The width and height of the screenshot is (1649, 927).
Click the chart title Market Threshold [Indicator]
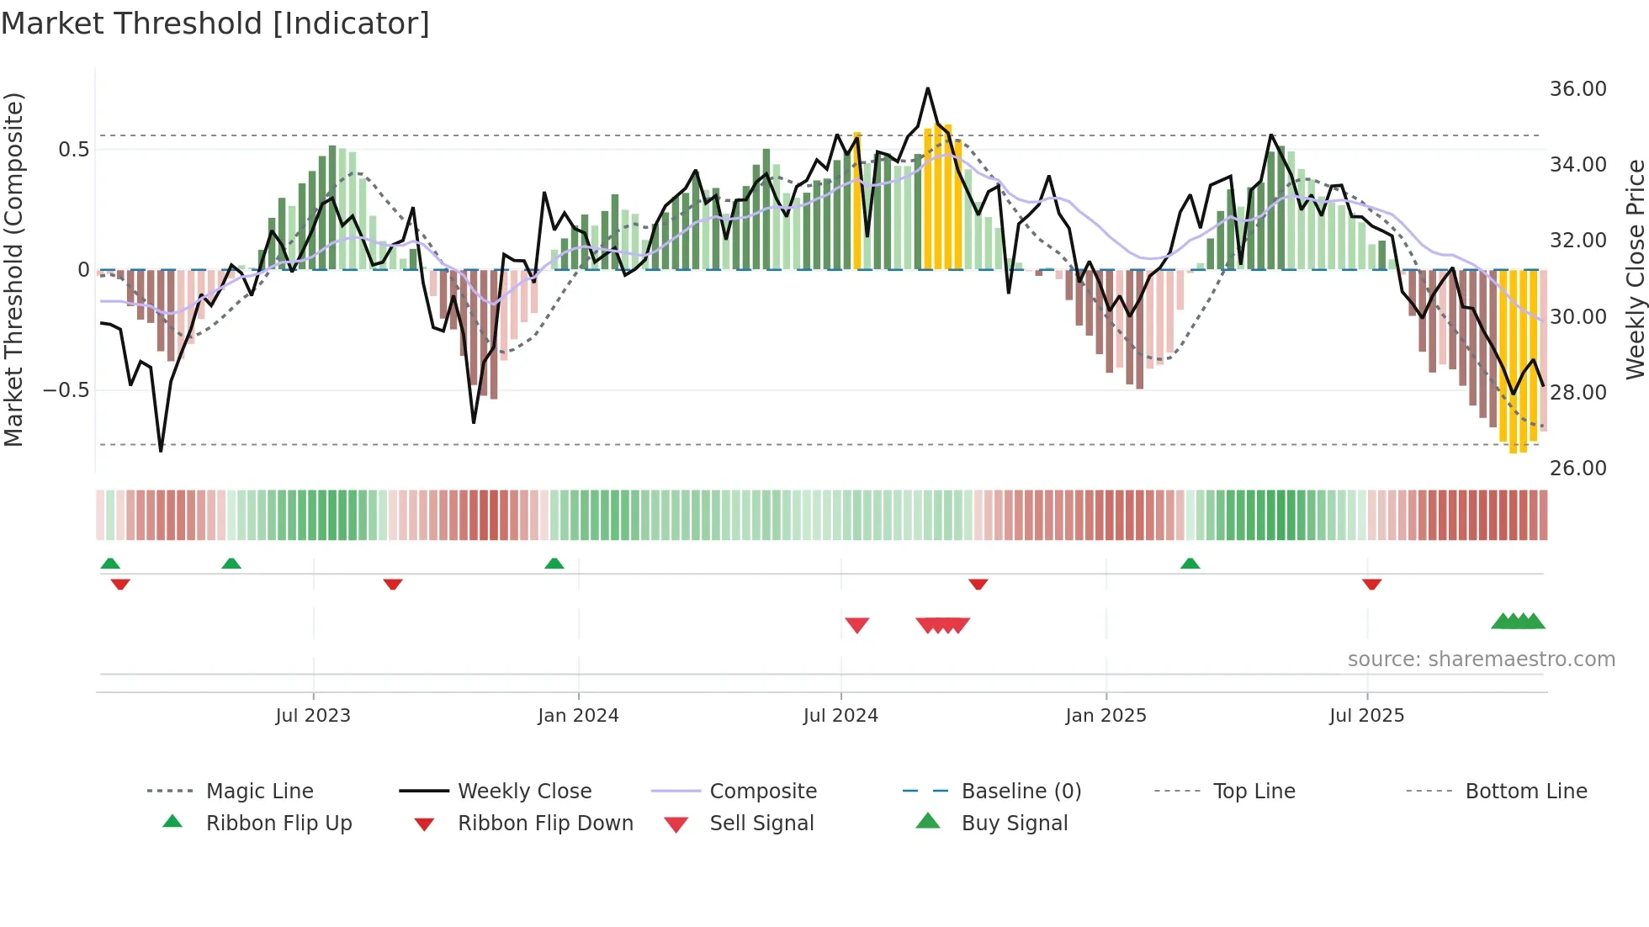[x=215, y=24]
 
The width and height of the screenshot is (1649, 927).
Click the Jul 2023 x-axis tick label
[x=313, y=716]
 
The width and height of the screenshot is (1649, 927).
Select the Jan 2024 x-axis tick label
[x=578, y=716]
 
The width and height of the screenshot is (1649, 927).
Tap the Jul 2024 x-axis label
[x=840, y=716]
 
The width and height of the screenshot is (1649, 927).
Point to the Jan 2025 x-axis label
[x=1106, y=716]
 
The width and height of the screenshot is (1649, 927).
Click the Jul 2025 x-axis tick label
[x=1367, y=716]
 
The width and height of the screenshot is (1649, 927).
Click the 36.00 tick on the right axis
[x=1577, y=89]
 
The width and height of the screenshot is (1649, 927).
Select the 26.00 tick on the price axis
[x=1577, y=469]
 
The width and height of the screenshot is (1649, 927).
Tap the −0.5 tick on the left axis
[x=66, y=390]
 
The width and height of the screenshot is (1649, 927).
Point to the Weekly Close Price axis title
[x=1635, y=269]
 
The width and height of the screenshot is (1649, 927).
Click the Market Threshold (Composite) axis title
[x=13, y=269]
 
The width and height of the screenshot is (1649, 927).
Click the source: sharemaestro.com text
[x=1481, y=659]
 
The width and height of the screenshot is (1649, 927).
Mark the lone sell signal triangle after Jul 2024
[x=856, y=625]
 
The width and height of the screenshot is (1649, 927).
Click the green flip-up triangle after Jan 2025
[x=1190, y=564]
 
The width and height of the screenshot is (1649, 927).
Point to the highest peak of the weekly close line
[x=928, y=88]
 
